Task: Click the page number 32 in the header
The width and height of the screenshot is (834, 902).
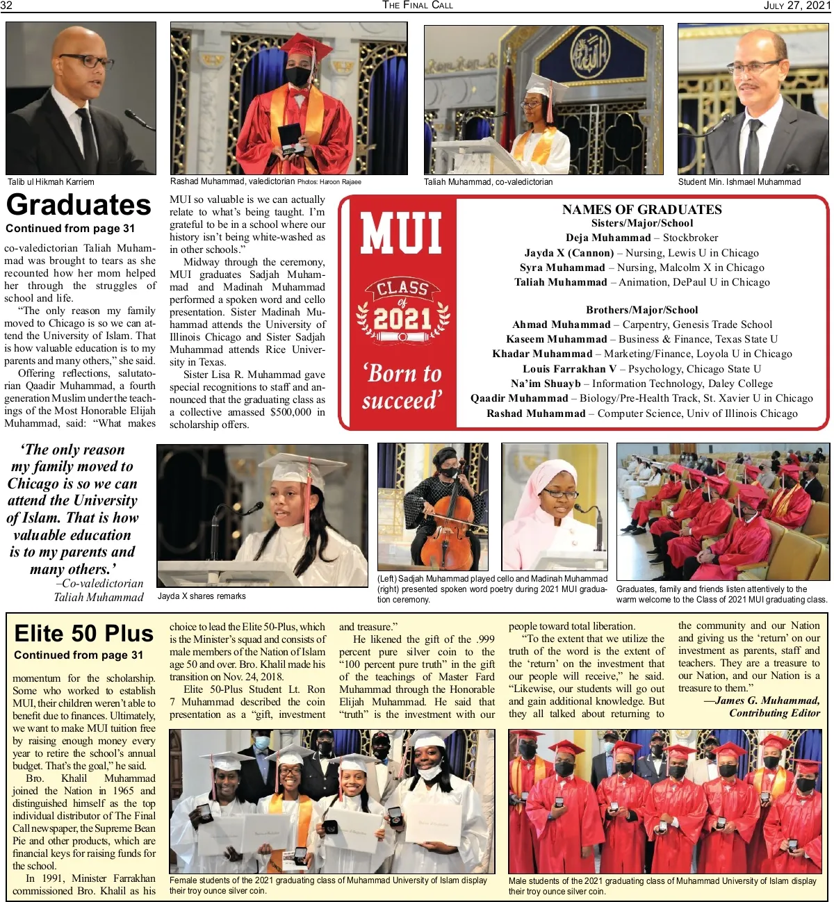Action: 6,6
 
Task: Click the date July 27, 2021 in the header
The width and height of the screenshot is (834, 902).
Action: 796,6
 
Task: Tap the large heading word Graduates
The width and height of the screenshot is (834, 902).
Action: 79,205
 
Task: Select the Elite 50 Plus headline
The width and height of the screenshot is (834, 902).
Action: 83,634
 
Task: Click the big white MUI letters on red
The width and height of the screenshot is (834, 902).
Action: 401,233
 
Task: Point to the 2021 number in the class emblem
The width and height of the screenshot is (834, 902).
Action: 403,319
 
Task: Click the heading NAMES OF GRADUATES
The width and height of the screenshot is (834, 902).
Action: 641,209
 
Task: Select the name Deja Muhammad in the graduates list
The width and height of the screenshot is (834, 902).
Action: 608,238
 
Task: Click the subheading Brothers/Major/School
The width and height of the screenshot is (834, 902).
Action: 641,310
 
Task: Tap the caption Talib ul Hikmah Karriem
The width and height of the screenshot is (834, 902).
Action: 51,182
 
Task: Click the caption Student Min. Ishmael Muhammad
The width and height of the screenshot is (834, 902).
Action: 739,182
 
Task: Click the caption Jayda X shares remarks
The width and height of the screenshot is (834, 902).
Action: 202,596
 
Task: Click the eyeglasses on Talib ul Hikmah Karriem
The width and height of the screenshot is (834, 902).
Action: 87,61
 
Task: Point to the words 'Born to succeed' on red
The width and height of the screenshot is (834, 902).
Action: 402,387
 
